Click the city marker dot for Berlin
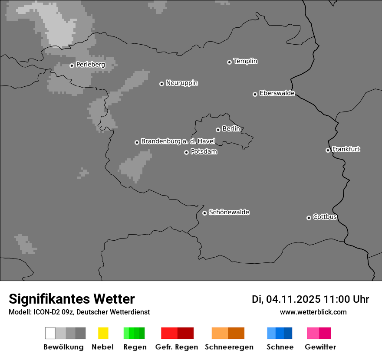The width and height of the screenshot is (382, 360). point(218,130)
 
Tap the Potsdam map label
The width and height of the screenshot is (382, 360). point(204,152)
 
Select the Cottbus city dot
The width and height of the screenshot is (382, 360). point(309,218)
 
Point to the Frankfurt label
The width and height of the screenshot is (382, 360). point(346,149)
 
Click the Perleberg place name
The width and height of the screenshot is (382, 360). point(90,65)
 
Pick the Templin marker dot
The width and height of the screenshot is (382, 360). point(229,62)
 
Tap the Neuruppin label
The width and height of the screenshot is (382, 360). point(181,83)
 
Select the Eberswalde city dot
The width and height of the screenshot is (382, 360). point(255,94)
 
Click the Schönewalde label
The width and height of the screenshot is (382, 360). point(229,212)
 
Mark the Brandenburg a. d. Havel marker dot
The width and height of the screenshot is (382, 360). point(137,142)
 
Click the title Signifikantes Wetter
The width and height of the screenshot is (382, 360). point(72,299)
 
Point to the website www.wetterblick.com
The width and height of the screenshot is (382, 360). point(313,312)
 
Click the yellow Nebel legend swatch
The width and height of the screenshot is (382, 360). point(103,333)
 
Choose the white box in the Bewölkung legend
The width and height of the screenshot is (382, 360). point(50,333)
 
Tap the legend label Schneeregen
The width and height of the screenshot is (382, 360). point(229,347)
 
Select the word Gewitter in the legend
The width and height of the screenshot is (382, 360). point(320,347)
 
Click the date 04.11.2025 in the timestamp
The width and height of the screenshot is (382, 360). point(293,299)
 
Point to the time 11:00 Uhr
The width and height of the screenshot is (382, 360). point(349,299)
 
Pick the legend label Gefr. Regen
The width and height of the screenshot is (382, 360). point(176,347)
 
